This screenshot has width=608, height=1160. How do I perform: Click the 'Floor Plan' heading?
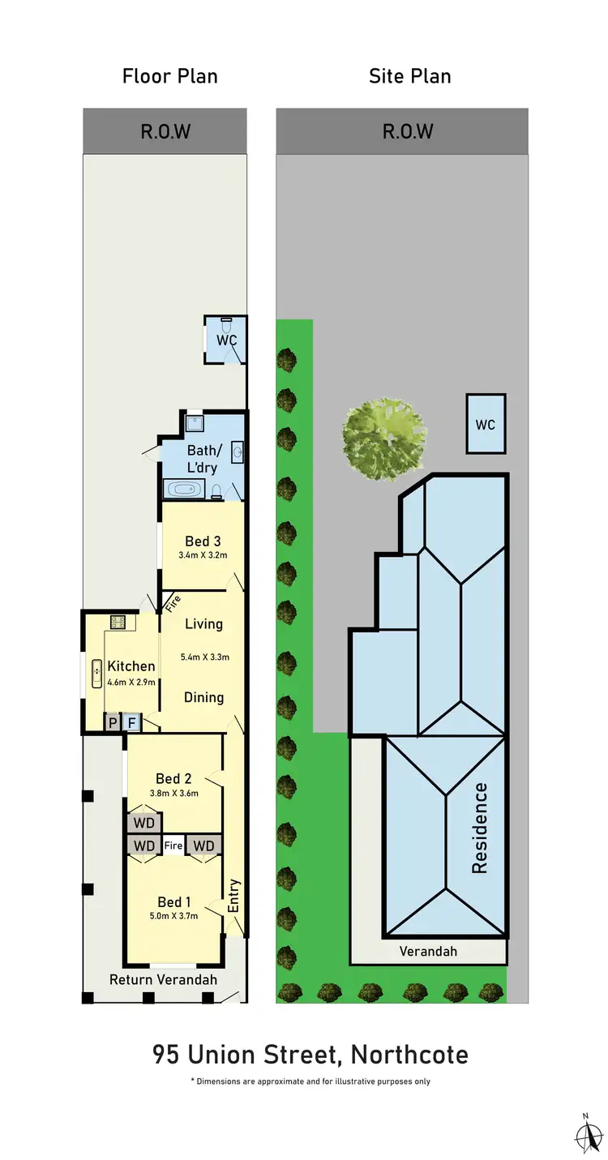[x=169, y=76]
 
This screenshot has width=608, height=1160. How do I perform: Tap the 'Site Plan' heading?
[x=409, y=76]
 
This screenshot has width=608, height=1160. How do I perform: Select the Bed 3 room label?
[x=203, y=541]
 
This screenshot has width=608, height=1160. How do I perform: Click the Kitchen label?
[x=131, y=666]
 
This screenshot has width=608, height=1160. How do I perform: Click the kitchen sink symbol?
[x=96, y=673]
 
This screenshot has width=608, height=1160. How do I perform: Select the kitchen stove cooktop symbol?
[x=118, y=622]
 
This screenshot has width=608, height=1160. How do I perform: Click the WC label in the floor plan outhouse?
[x=226, y=340]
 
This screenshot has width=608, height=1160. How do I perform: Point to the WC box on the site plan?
[x=486, y=424]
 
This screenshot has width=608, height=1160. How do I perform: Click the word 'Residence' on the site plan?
[x=480, y=827]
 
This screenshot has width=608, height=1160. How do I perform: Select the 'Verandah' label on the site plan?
[x=428, y=951]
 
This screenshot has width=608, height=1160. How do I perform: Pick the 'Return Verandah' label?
[x=163, y=979]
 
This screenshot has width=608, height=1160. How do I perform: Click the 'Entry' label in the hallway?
[x=234, y=895]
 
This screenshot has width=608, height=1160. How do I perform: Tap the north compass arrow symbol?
[x=584, y=1132]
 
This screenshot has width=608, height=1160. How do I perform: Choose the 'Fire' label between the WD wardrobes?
[x=173, y=845]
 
